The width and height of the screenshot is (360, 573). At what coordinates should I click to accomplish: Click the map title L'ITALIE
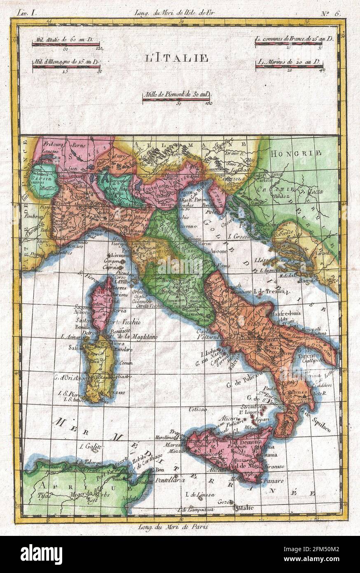tap(176, 58)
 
